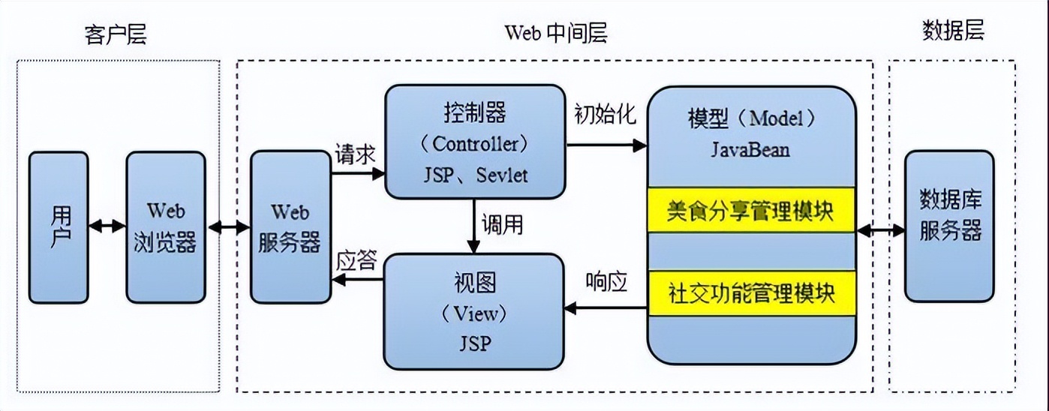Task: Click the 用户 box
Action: point(59,226)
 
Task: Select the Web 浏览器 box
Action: point(165,226)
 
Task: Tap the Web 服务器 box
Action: point(290,226)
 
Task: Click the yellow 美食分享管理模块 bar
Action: point(750,209)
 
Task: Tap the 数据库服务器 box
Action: point(950,224)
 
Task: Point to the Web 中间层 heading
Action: point(555,33)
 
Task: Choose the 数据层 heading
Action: point(952,31)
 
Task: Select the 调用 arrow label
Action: point(502,225)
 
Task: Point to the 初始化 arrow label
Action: point(605,115)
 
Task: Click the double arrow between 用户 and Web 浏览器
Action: point(107,226)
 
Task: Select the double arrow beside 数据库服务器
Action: point(881,231)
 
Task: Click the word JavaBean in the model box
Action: point(750,149)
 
